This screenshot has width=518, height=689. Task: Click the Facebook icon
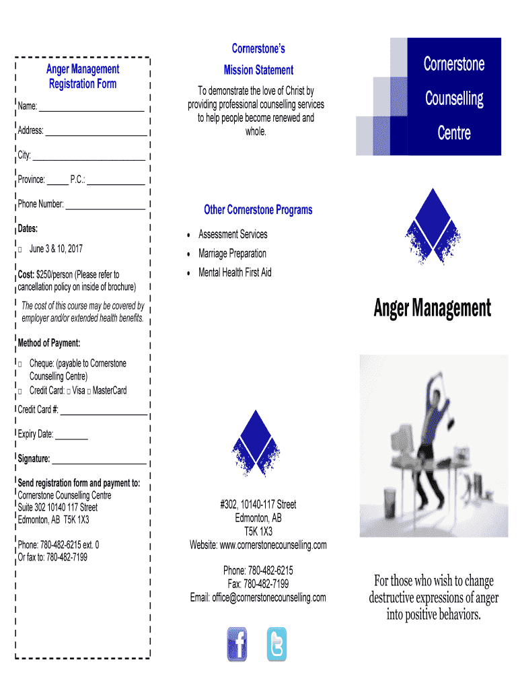(x=237, y=644)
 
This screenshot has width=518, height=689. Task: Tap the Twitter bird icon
(x=276, y=644)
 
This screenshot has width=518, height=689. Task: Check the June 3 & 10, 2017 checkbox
(x=20, y=250)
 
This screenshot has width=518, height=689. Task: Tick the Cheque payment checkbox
(x=20, y=364)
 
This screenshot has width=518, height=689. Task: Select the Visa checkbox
(x=69, y=391)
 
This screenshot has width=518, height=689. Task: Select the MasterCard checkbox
(x=89, y=391)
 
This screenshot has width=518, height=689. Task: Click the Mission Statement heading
(x=258, y=70)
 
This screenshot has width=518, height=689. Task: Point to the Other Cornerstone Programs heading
(x=258, y=210)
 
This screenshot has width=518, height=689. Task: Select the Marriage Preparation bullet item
(x=232, y=254)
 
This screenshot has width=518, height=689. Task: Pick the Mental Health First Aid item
(x=235, y=273)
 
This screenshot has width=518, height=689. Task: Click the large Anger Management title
(x=432, y=309)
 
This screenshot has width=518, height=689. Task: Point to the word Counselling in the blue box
(x=454, y=99)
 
